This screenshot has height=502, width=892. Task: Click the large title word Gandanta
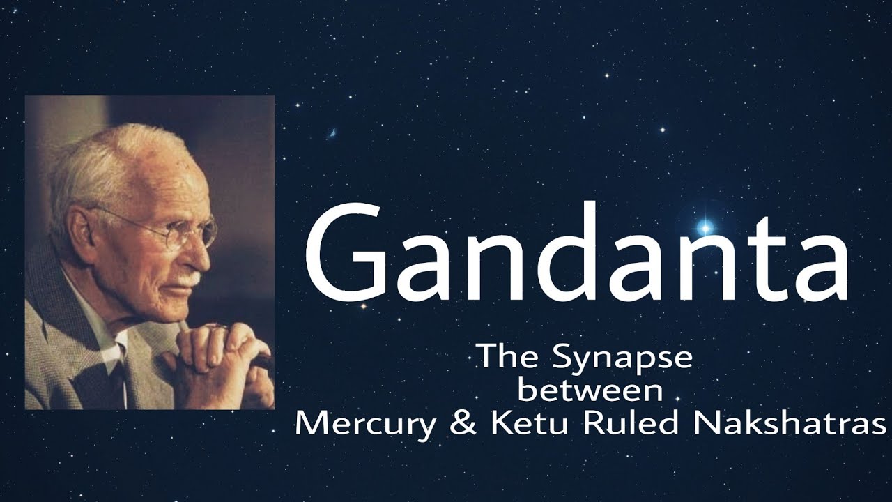pyautogui.click(x=576, y=251)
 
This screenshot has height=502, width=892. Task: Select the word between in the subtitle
pyautogui.click(x=590, y=389)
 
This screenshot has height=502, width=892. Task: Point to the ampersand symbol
pyautogui.click(x=464, y=423)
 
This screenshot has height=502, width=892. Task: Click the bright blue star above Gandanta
pyautogui.click(x=705, y=229)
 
